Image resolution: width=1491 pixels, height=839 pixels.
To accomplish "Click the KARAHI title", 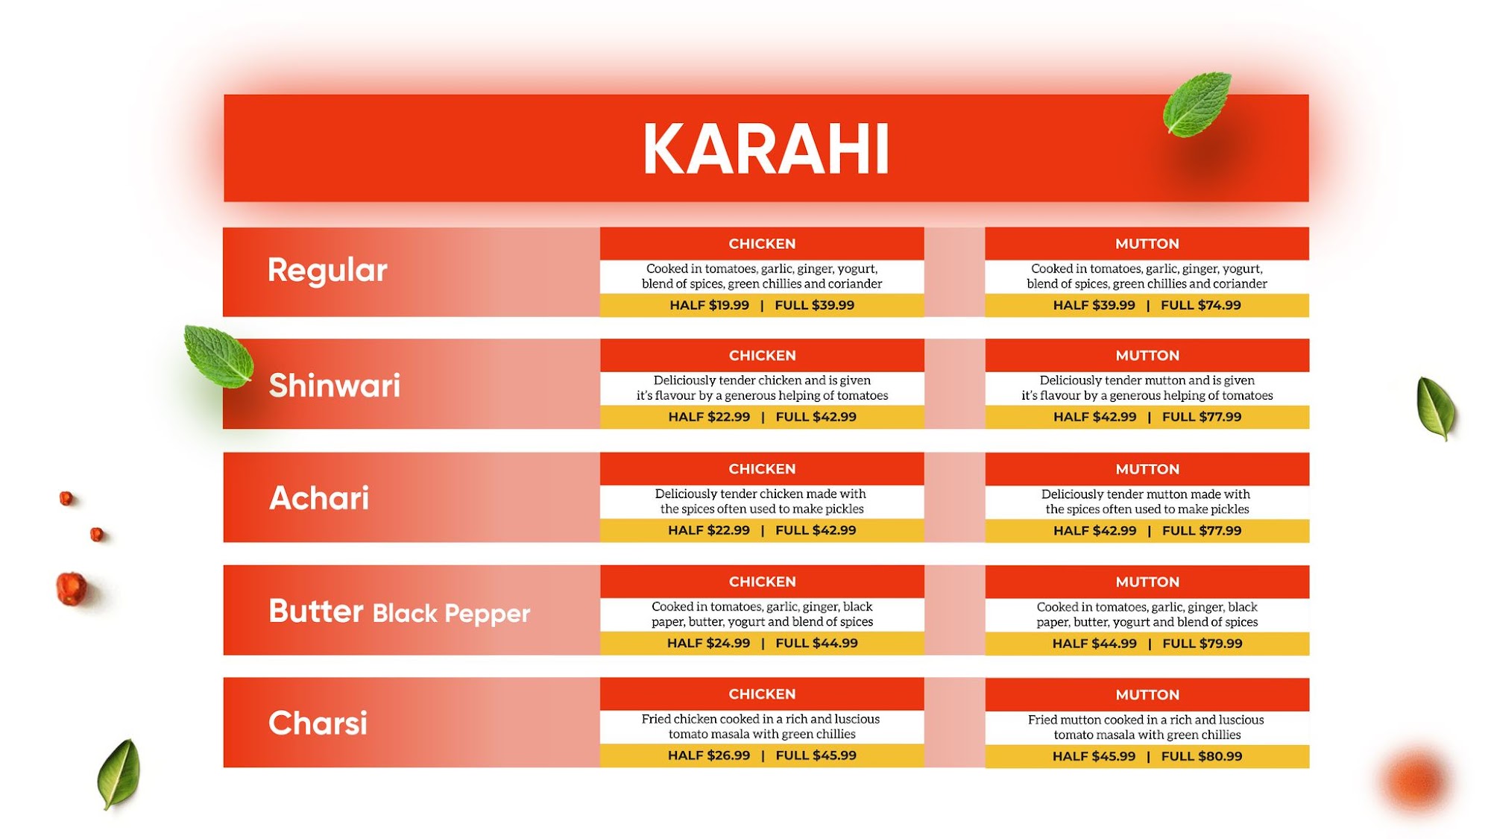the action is coord(766,149).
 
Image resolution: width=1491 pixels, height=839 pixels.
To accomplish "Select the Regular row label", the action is coord(327,270).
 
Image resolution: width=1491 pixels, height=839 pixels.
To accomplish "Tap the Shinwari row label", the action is coord(334,386).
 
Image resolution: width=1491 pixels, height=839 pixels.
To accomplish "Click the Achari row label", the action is coord(319,498).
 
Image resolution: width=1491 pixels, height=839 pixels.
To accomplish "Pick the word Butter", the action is coord(316,611).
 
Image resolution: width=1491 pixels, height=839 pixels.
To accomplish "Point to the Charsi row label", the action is coord(318,723).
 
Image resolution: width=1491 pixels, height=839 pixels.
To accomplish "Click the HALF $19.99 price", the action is coord(709,305).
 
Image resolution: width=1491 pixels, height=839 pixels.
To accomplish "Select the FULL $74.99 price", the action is coord(1201,305).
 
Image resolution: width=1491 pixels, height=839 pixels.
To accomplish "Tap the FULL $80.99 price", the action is coord(1202,756).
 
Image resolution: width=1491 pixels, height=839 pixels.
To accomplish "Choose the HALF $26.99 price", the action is coord(709,755).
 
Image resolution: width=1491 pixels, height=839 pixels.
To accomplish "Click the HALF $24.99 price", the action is coord(709,643).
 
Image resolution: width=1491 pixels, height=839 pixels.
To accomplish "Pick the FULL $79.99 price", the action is coord(1202,644).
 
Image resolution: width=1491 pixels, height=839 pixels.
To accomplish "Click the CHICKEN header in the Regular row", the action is coord(762,244).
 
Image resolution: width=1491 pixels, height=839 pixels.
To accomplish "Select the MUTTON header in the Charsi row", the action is coord(1147,695).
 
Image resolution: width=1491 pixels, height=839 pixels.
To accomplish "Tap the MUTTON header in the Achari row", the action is coord(1147,470).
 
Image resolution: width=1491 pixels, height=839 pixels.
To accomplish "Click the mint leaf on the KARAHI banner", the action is coord(1197,104).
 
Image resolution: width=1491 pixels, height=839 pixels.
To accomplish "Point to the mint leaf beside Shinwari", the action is coord(218,356).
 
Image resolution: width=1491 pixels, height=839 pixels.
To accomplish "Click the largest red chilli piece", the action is coord(72,588).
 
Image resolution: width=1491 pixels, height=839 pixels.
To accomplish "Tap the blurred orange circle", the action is coord(1416,781).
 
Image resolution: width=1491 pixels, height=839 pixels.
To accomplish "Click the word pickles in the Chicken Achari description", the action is coord(844,509).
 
